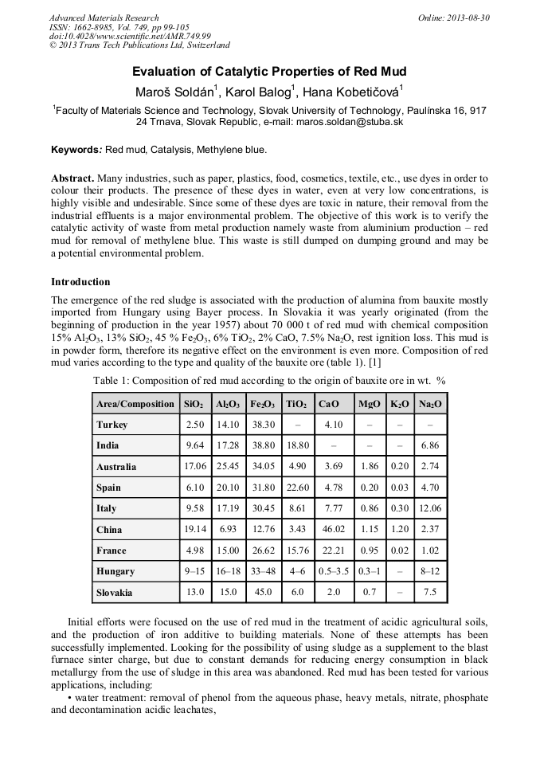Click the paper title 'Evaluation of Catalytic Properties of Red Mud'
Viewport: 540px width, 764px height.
click(x=269, y=71)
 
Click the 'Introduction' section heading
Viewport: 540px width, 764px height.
click(x=80, y=282)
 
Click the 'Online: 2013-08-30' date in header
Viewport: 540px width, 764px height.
click(x=453, y=18)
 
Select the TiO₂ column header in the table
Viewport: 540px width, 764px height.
click(x=296, y=404)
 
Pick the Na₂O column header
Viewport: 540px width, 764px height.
click(x=430, y=404)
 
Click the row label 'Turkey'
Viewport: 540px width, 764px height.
click(x=112, y=425)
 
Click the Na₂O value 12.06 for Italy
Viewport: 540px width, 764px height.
click(x=430, y=508)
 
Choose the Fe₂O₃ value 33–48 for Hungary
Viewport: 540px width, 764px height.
click(x=263, y=571)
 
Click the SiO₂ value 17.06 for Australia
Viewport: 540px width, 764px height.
click(x=195, y=466)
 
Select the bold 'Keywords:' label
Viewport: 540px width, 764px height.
click(x=76, y=150)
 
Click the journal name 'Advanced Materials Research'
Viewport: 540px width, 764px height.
click(x=104, y=18)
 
